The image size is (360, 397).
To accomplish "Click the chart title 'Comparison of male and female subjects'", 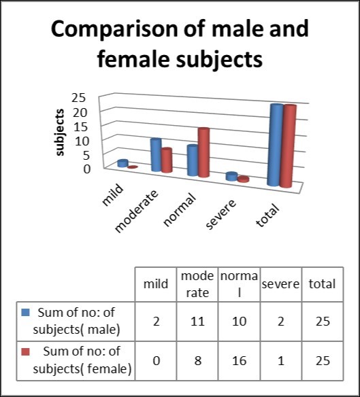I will (x=180, y=44).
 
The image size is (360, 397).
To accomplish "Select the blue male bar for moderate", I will (x=156, y=155).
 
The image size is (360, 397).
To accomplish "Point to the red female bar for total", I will (x=289, y=146).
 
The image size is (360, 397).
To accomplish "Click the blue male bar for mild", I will (x=122, y=163).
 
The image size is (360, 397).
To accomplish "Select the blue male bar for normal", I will (x=193, y=161).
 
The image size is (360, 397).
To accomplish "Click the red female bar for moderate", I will (x=167, y=160).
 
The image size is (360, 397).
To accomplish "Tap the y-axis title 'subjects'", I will (x=60, y=132).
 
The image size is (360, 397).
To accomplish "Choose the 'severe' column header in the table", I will (x=280, y=284).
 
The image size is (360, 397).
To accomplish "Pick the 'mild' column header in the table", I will (x=156, y=284).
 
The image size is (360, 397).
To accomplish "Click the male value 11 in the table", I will (x=197, y=321).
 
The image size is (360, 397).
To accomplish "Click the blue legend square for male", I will (x=27, y=313).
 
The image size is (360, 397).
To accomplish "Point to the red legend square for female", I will (x=27, y=352).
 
